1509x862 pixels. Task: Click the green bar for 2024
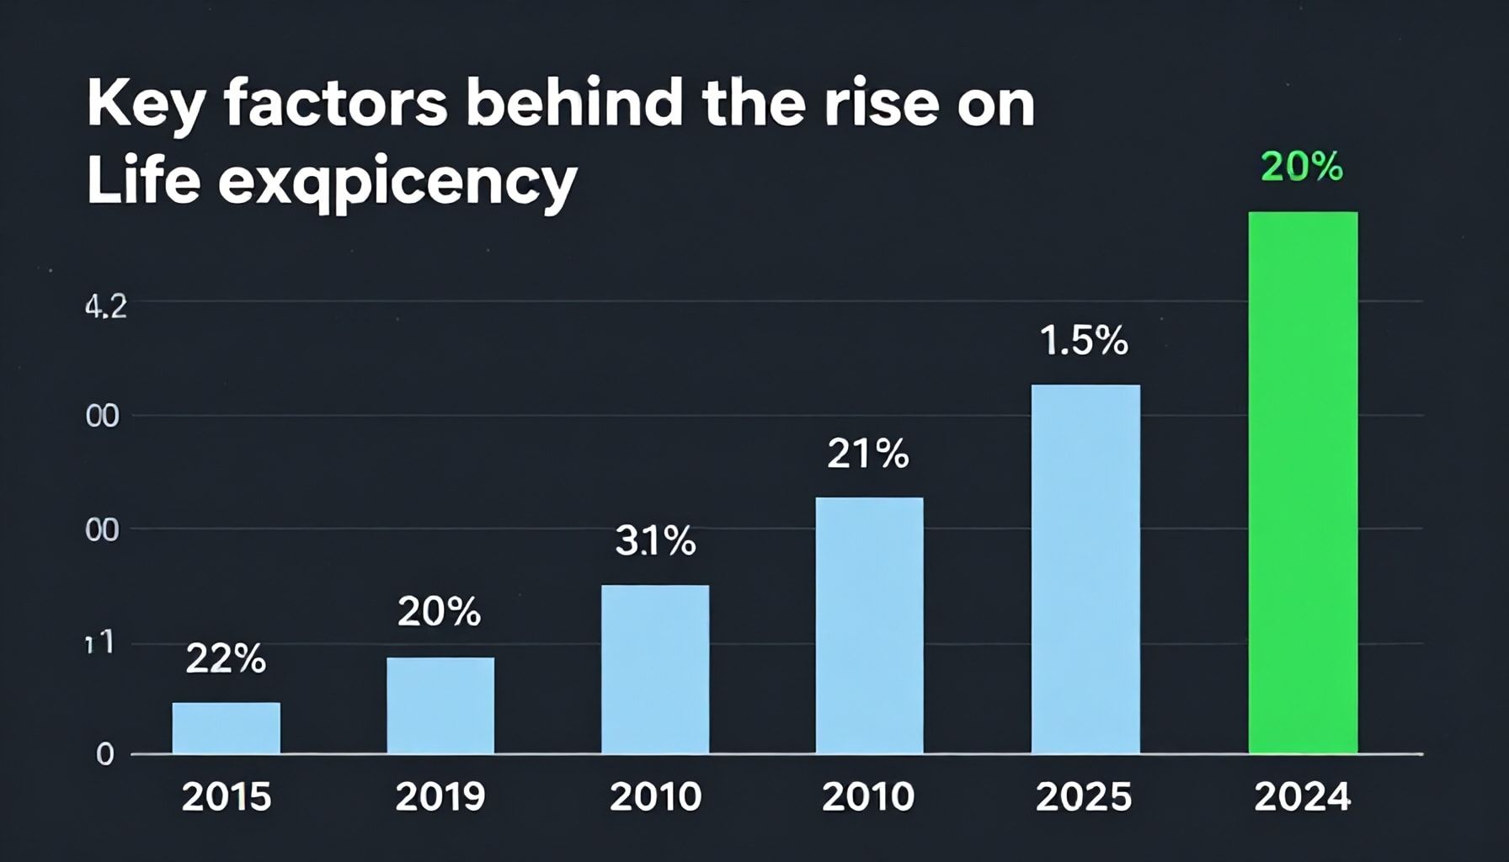coord(1303,482)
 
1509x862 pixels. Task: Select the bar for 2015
coord(226,728)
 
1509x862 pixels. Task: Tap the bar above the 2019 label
coord(440,705)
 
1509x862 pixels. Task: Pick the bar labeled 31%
coord(655,669)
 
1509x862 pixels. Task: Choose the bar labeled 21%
coord(869,625)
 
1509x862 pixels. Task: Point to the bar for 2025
coord(1085,569)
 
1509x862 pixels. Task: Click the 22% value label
coord(226,659)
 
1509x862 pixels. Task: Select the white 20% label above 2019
coord(439,612)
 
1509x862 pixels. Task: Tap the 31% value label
coord(655,541)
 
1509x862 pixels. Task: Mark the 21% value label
coord(868,455)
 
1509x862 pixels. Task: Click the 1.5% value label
coord(1084,341)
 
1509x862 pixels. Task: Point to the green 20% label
coord(1302,168)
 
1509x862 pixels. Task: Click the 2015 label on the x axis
coord(226,796)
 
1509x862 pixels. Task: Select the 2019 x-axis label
coord(440,796)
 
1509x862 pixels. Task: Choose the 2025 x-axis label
coord(1084,796)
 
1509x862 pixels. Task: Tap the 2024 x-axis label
coord(1302,796)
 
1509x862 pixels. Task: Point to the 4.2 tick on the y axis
coord(106,307)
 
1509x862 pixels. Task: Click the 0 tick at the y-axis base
coord(104,754)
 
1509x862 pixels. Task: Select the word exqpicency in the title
coord(397,181)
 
